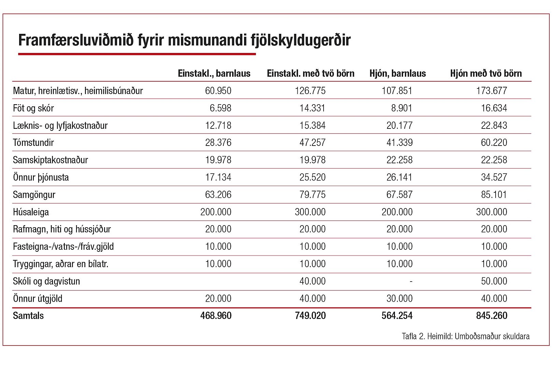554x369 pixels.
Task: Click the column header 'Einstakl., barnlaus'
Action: point(214,73)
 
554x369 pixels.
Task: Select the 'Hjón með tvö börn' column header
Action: point(486,73)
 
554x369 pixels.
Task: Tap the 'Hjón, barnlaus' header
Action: point(398,73)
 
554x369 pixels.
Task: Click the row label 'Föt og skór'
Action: point(33,108)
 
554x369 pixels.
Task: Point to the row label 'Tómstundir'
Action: point(33,142)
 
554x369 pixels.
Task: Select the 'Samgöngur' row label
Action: point(34,195)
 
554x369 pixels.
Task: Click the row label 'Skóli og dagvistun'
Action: point(46,281)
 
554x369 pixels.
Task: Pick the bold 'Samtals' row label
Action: point(28,316)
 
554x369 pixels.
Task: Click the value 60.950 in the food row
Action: point(218,91)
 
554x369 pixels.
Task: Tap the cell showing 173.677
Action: point(492,91)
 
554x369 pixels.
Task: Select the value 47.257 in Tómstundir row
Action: point(312,142)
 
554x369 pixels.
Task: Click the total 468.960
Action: point(216,316)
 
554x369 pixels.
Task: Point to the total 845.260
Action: point(492,316)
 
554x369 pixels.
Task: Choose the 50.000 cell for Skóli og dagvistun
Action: point(494,281)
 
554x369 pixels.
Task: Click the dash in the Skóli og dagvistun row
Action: point(411,282)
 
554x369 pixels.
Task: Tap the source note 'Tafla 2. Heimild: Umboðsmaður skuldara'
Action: point(466,336)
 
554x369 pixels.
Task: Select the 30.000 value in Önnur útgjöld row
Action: point(399,299)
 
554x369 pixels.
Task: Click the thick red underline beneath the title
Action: point(137,54)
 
